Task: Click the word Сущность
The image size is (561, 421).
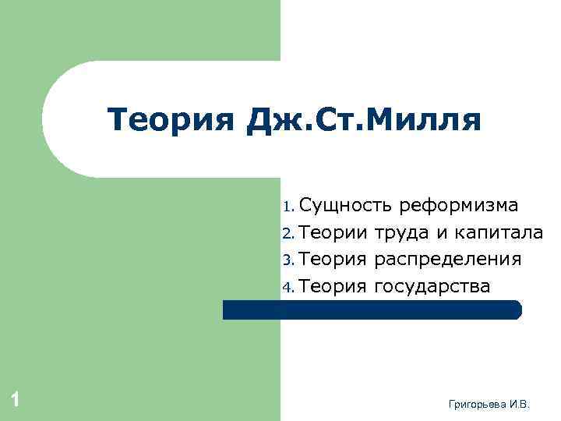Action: [x=344, y=206]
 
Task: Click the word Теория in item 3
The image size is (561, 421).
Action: [x=333, y=259]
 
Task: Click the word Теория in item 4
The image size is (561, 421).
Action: [x=333, y=286]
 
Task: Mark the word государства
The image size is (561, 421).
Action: [x=432, y=287]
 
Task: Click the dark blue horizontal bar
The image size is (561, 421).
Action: [x=372, y=310]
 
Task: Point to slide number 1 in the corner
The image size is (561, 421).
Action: [x=15, y=400]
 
